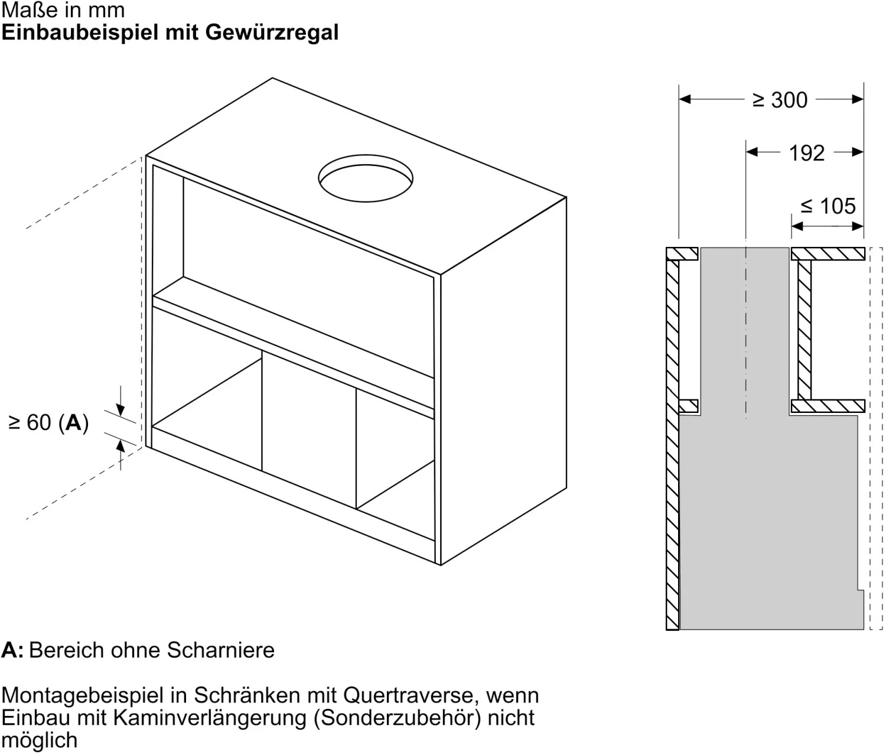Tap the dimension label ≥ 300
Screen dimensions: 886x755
[780, 100]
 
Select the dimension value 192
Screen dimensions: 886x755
[806, 153]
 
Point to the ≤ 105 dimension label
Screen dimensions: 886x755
[828, 206]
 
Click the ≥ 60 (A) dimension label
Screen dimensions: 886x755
[48, 423]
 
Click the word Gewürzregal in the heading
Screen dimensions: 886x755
[272, 32]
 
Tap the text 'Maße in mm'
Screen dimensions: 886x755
[63, 9]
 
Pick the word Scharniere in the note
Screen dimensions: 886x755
[221, 650]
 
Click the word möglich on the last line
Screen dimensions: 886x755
[39, 740]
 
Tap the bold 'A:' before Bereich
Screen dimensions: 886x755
[12, 650]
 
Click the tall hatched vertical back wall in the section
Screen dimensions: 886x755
[673, 443]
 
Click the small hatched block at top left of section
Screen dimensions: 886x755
[682, 253]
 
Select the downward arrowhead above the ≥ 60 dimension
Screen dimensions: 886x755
[120, 410]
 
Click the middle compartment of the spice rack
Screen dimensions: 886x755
[309, 425]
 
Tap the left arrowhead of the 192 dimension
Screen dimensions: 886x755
[752, 152]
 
